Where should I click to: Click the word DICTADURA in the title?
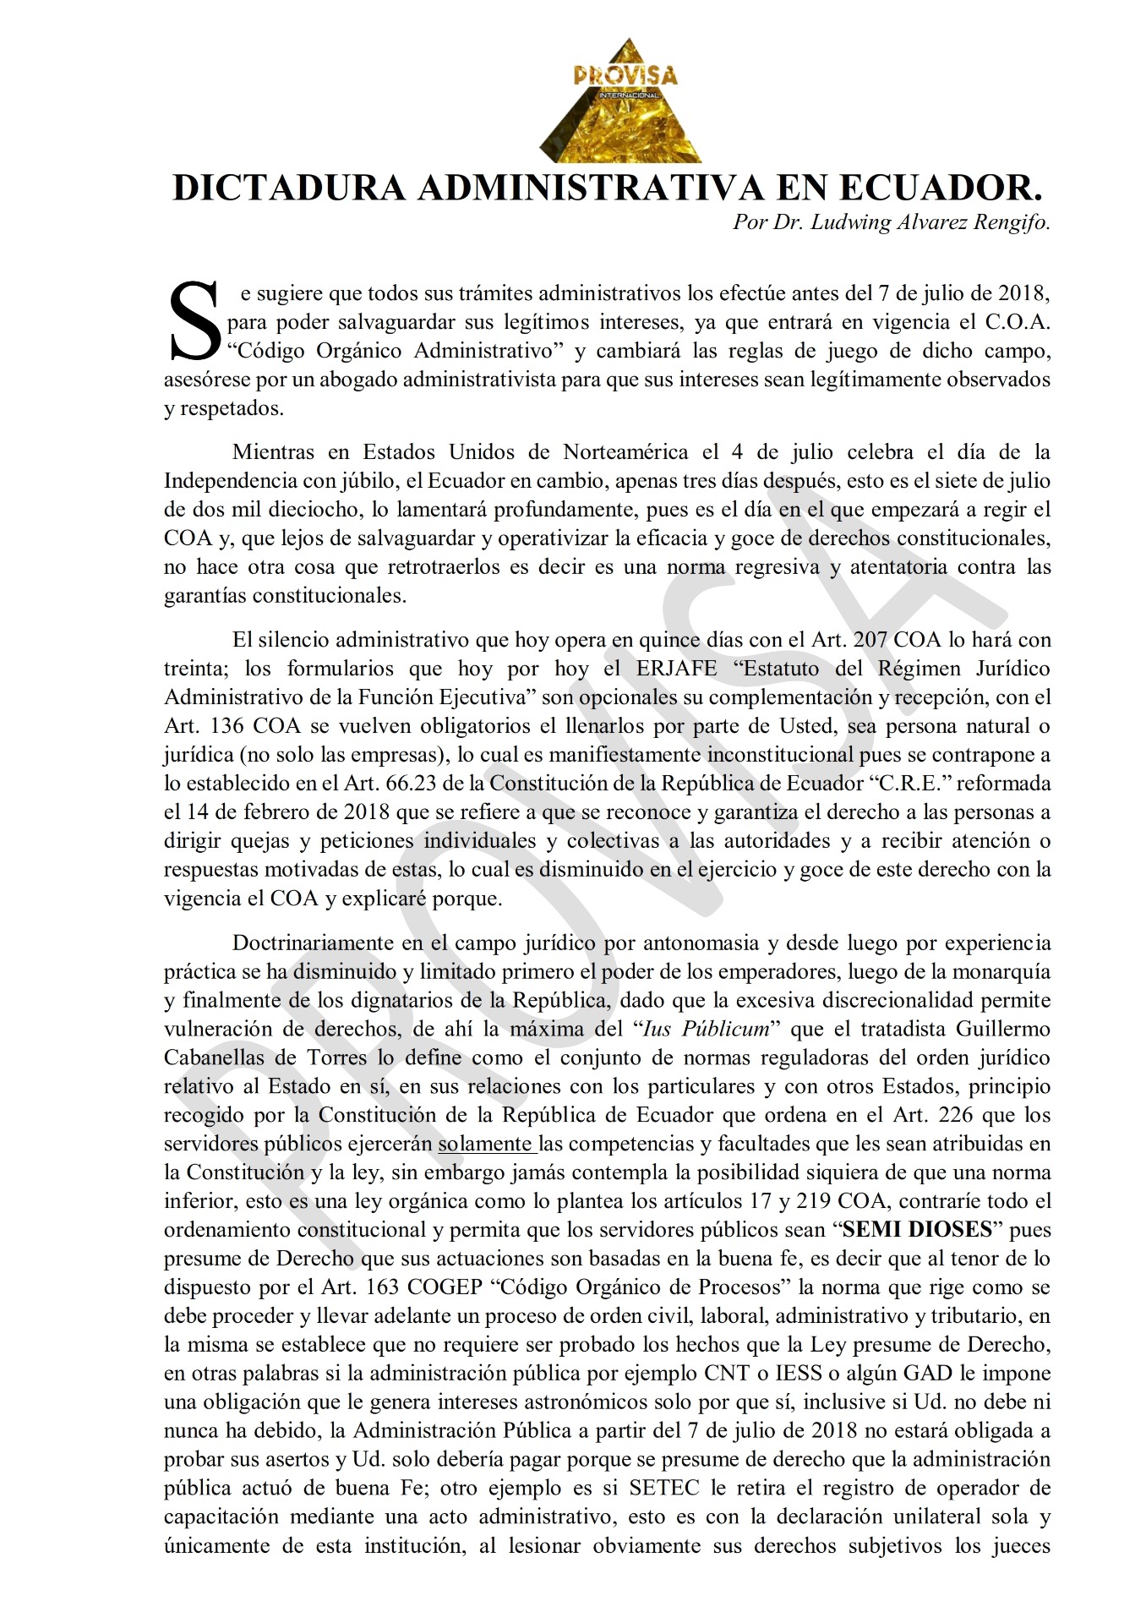click(288, 188)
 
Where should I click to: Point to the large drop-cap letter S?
click(195, 320)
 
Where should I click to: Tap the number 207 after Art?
click(870, 640)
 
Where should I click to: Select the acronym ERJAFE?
click(676, 669)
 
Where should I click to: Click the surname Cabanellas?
click(218, 1057)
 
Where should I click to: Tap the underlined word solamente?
click(484, 1144)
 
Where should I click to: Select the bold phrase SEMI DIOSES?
click(917, 1230)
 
